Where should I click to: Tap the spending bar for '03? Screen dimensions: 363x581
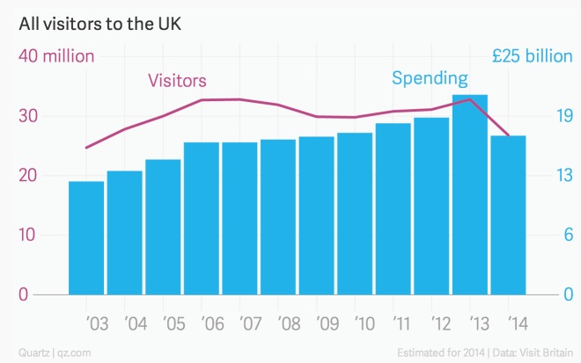(x=86, y=237)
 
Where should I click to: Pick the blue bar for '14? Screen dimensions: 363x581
(x=508, y=215)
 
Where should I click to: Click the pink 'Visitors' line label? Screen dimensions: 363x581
(x=177, y=81)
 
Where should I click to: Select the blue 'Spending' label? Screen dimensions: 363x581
(x=430, y=79)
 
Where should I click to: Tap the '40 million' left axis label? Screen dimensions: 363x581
(x=56, y=56)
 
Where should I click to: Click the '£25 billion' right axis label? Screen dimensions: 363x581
(x=532, y=56)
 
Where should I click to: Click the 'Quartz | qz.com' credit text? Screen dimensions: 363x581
(x=51, y=352)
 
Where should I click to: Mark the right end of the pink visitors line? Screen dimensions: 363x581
(x=508, y=135)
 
